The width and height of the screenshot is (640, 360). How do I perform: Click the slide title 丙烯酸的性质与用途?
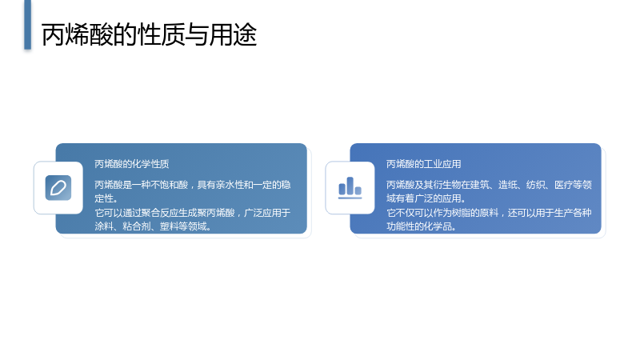click(x=149, y=34)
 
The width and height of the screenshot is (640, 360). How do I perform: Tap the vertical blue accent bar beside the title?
click(x=27, y=25)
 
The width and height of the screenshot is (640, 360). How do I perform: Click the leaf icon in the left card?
click(x=58, y=188)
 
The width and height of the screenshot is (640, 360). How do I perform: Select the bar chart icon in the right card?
click(x=350, y=188)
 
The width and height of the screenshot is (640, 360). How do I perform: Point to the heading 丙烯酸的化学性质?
click(x=132, y=164)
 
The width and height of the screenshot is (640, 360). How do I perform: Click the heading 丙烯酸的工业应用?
click(x=424, y=164)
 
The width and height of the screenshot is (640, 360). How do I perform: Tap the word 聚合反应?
click(x=160, y=213)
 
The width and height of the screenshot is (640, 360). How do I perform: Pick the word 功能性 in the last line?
click(x=401, y=226)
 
